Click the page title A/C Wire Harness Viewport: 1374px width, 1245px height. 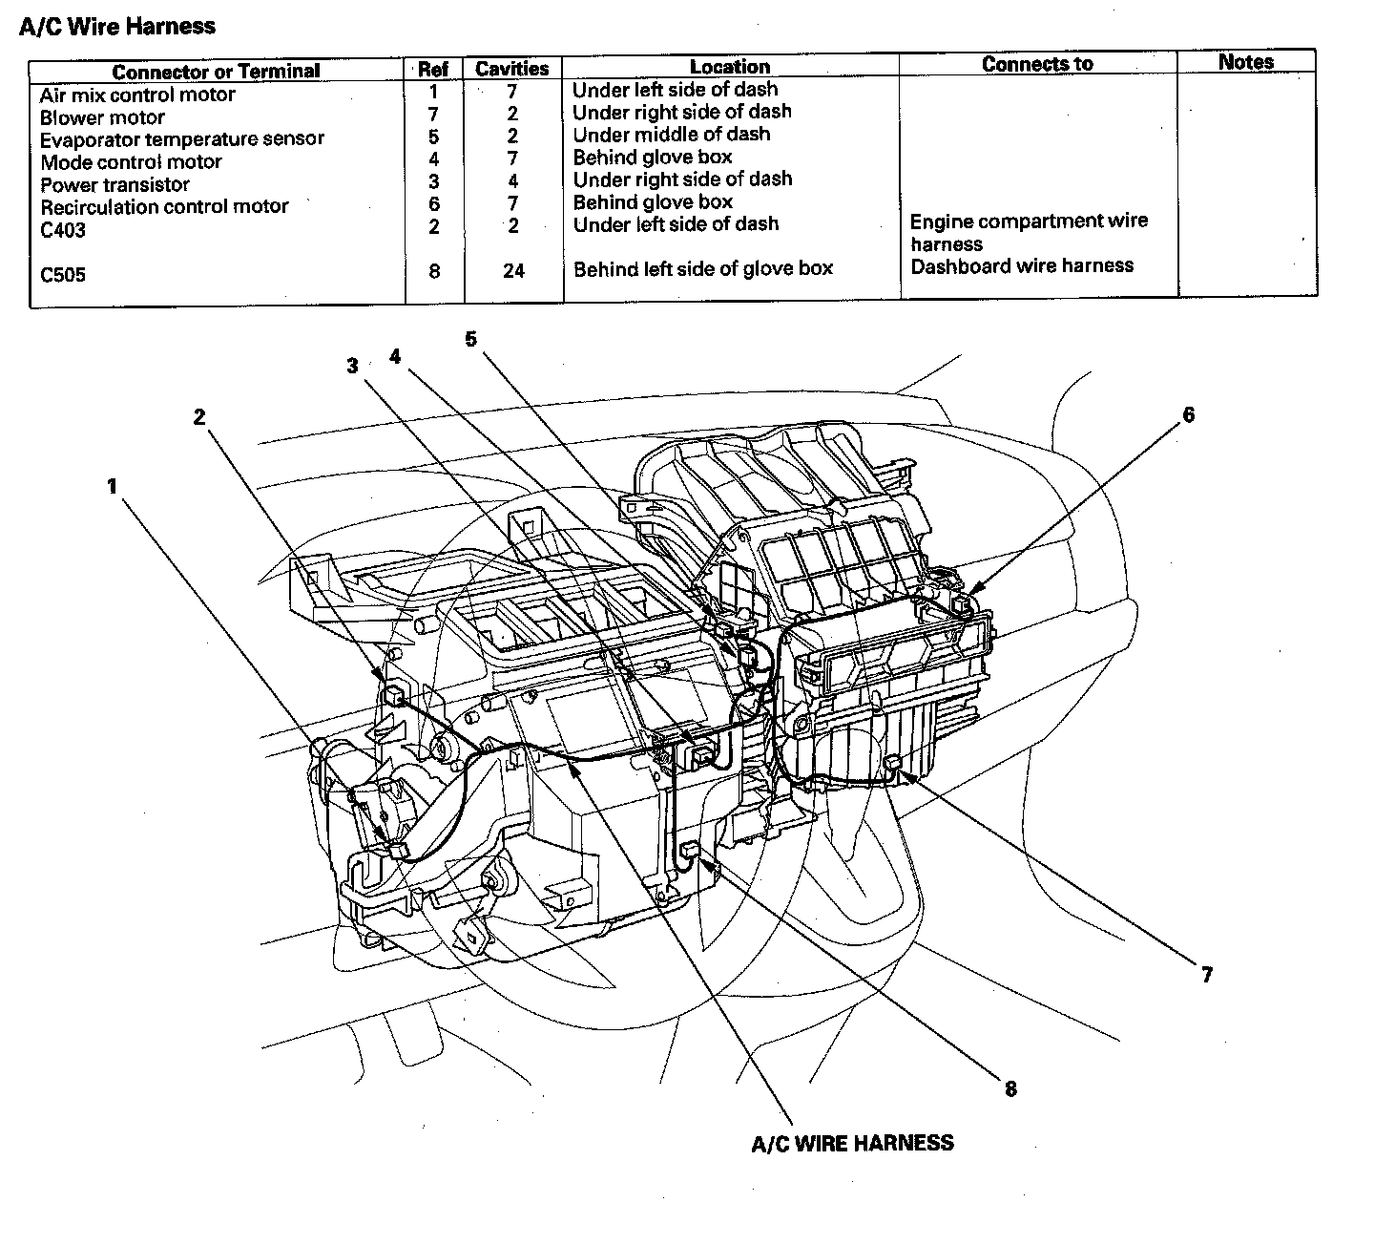[x=117, y=26]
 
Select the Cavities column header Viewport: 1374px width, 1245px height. [x=511, y=69]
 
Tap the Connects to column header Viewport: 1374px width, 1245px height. [x=1037, y=64]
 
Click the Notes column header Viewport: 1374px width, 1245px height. [x=1245, y=62]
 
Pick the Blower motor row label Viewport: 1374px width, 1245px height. [x=102, y=117]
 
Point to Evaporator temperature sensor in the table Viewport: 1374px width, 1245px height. [x=181, y=139]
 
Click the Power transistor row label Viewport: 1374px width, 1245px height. [x=114, y=184]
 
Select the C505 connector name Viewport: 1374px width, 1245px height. [x=63, y=275]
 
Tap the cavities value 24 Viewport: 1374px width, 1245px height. [x=513, y=271]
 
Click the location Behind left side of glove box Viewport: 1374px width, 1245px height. [x=702, y=269]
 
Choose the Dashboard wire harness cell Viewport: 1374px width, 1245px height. [x=1022, y=266]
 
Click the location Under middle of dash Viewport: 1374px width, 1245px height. [x=671, y=135]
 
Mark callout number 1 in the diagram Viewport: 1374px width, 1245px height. [x=112, y=487]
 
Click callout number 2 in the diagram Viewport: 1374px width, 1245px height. [x=199, y=417]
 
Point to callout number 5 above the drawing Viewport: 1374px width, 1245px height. [x=471, y=339]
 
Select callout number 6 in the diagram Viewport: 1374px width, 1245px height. [x=1188, y=415]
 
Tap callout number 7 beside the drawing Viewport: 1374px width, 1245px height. [x=1207, y=975]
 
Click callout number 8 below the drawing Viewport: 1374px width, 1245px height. [x=1010, y=1088]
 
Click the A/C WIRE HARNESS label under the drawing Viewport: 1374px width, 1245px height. [x=852, y=1143]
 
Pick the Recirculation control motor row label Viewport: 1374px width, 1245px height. [x=164, y=206]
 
